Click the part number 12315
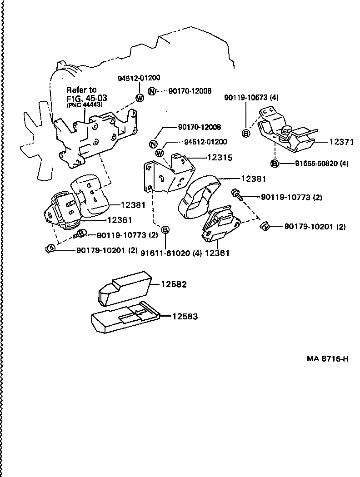(220, 158)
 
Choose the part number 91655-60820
(309, 164)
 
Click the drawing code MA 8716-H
(327, 359)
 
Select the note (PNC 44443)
(85, 104)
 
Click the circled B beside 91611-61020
(165, 230)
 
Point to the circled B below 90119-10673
(245, 133)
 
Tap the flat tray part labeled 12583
(125, 318)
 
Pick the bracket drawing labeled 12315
(168, 175)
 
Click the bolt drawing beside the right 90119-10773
(236, 194)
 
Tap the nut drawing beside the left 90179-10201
(50, 248)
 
